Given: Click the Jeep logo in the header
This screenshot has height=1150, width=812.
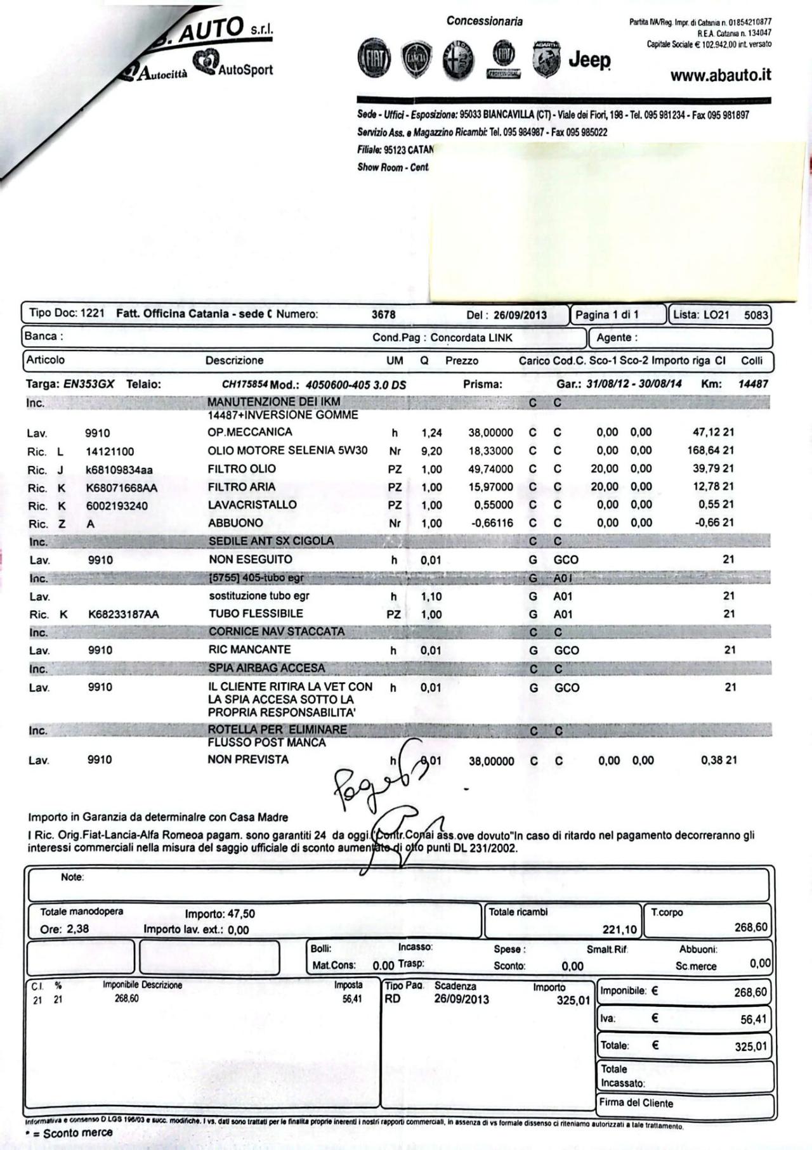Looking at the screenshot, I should pos(589,60).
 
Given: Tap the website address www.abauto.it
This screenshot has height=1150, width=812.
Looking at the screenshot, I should pos(721,75).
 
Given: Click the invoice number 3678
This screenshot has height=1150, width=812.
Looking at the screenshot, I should pos(383,314).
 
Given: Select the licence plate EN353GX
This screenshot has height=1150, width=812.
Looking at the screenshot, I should pos(89,384).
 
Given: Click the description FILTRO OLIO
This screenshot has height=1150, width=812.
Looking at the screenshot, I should pos(242,469).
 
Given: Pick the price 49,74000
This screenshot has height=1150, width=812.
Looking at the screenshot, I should pos(490,469).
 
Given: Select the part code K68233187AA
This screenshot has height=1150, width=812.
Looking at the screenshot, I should pos(124,614).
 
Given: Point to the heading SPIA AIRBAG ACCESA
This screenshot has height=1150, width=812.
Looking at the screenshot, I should pos(266,669).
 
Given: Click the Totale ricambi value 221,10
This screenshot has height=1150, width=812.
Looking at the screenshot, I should pos(619,930).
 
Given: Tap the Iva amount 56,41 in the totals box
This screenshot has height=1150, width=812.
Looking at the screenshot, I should pos(753,1019).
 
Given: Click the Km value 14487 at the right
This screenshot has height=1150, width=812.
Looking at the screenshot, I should pos(753,384).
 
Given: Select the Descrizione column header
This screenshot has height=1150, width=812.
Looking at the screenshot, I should pos(234,361).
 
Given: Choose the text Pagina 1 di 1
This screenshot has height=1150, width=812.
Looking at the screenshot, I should pos(606,314).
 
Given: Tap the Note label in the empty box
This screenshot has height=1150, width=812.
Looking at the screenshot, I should pos(72,877).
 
